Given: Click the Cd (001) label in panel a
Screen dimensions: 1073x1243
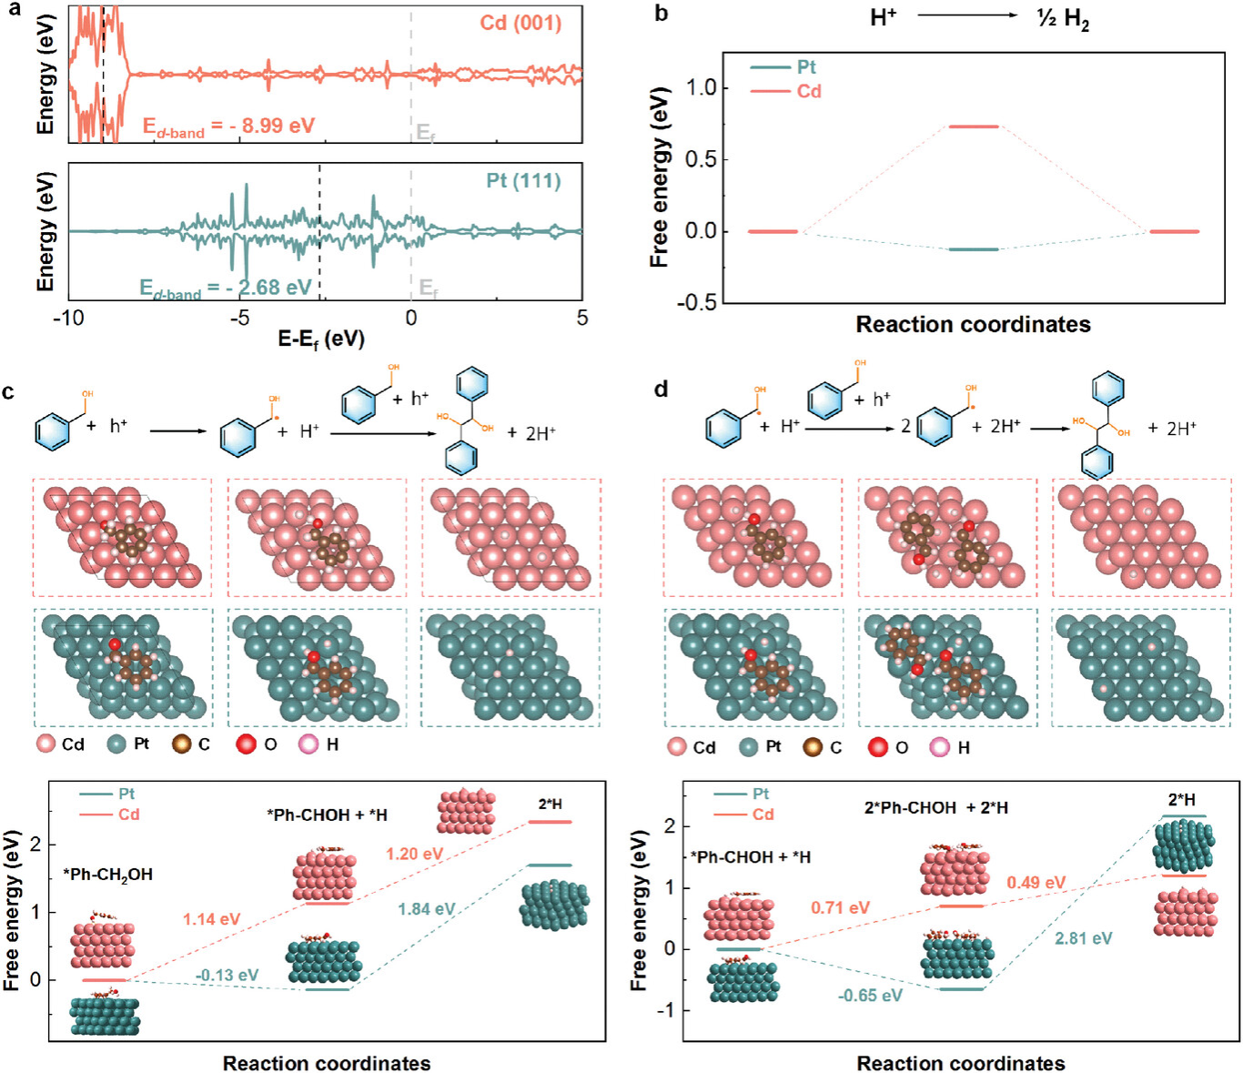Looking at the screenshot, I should coord(520,23).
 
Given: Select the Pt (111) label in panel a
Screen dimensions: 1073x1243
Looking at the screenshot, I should coord(523,180).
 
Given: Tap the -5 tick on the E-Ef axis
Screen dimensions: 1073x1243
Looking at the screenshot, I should coord(239,318).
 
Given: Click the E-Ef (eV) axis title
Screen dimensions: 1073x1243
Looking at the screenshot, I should coord(321,339).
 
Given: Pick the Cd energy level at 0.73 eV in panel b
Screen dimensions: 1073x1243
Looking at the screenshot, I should coord(973,127).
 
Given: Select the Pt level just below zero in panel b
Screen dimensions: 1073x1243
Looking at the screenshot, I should coord(973,249).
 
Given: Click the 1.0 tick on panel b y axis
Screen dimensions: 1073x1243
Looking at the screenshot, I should coord(702,87).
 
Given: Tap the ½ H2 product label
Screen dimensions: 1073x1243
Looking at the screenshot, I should coord(1063,18).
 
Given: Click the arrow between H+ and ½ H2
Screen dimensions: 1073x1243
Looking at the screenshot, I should coord(967,15).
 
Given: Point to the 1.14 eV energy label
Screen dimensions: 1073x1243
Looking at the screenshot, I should coord(211,919).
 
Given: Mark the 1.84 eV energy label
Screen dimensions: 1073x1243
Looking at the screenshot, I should coord(426,909).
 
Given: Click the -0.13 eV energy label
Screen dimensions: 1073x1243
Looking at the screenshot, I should coord(227,976).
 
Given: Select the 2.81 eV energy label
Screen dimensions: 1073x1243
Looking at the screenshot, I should coord(1083,938).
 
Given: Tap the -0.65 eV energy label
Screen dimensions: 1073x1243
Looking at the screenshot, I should coord(870,996).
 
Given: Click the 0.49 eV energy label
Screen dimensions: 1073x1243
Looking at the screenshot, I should coord(1036,883).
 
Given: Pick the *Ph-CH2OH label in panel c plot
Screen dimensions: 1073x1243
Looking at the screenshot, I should coord(107,875).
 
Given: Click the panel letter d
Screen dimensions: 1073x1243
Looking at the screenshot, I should coord(661,390).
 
